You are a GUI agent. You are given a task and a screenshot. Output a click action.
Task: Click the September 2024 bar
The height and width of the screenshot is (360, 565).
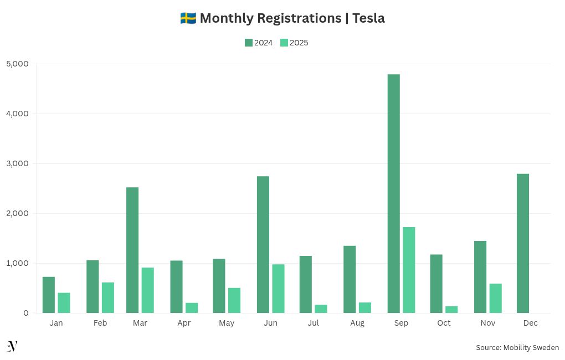394,194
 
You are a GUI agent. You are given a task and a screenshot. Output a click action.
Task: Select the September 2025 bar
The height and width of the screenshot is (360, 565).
409,270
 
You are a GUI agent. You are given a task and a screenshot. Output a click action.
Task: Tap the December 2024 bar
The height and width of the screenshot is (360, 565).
523,244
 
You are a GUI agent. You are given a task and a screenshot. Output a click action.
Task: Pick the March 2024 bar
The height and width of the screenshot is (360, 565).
132,250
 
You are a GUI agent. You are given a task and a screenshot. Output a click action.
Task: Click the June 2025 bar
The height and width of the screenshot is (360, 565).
278,289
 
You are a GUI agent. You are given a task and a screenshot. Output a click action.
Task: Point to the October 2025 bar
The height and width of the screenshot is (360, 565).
451,310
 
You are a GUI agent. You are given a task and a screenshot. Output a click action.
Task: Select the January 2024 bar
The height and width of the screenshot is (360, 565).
49,295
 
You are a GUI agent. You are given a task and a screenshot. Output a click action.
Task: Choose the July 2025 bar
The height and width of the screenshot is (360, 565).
321,309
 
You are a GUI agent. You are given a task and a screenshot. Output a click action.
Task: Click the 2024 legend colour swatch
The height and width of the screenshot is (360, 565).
249,43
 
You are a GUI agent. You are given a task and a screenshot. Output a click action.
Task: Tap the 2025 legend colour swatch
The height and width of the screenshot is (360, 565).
284,43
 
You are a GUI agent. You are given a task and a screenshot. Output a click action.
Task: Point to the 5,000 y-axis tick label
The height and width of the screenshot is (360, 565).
17,64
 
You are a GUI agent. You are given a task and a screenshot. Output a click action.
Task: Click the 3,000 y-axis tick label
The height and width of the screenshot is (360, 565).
17,163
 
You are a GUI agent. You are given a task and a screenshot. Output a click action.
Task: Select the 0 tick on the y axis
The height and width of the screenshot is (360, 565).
25,313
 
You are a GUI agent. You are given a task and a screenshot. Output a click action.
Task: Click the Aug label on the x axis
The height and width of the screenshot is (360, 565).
357,323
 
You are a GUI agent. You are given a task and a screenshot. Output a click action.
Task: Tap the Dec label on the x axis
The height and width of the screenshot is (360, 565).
530,323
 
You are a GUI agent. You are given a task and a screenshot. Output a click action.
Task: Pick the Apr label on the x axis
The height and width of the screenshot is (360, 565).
184,323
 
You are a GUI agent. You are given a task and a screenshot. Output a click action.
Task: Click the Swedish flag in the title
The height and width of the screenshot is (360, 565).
188,18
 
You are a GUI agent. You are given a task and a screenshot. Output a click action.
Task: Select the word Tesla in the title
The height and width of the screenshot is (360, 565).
368,18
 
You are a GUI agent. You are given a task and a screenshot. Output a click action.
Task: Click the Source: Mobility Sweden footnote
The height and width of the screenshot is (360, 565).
517,348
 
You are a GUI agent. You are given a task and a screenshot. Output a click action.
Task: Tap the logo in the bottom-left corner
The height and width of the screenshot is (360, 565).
12,347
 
